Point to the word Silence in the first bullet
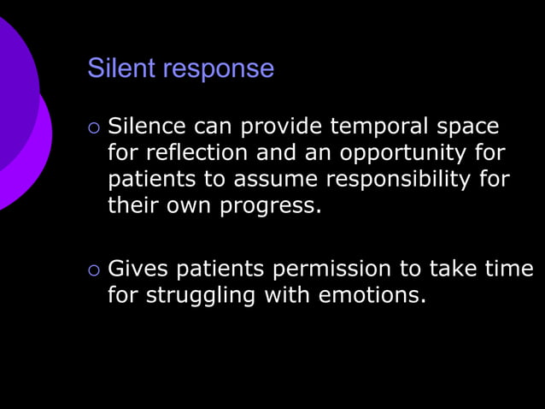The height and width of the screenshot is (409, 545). click(x=147, y=127)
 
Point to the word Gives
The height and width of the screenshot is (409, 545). click(x=138, y=270)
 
